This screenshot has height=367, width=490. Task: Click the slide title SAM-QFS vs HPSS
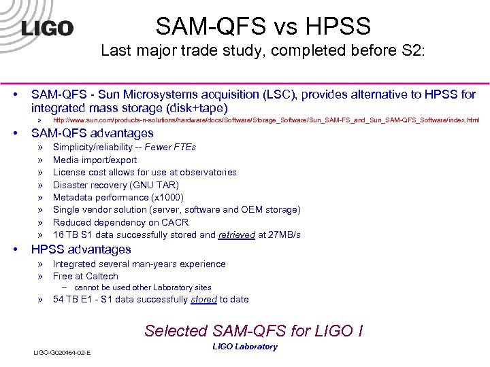tap(263, 27)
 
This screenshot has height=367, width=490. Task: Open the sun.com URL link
tap(266, 120)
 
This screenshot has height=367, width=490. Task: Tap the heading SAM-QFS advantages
tap(93, 133)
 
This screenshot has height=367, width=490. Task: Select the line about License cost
tap(144, 172)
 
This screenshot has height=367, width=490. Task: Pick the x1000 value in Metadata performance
tap(166, 197)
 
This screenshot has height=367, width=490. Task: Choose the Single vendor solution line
tap(176, 210)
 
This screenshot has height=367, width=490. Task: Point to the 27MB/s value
tap(285, 235)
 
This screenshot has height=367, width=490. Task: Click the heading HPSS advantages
tap(81, 249)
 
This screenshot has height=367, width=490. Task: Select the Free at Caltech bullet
tap(85, 276)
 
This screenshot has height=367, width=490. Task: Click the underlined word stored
tap(204, 299)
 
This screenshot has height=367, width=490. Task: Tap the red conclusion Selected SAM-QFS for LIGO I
tap(253, 331)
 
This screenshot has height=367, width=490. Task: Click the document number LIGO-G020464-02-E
tap(62, 352)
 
